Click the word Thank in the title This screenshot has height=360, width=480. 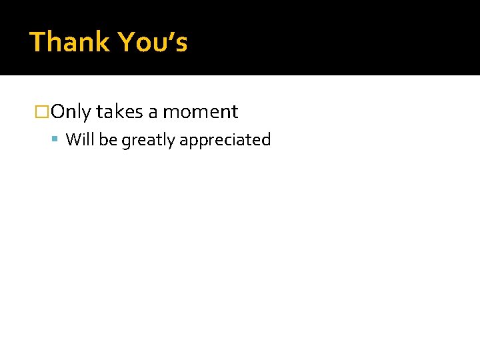coord(69,42)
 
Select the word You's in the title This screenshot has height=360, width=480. coord(153,42)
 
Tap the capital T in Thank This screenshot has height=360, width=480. coord(37,42)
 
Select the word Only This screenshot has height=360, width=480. coord(71,112)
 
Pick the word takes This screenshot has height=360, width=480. coord(119,112)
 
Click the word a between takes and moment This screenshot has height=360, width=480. coord(153,113)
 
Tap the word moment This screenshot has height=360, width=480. coord(201,113)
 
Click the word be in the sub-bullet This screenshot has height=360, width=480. coord(108,140)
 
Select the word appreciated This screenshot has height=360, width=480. coord(225,141)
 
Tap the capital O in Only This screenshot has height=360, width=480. coord(57,112)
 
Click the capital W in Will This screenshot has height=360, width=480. coord(72,140)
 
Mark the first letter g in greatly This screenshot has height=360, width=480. coord(125,142)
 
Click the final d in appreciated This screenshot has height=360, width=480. coord(267,140)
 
